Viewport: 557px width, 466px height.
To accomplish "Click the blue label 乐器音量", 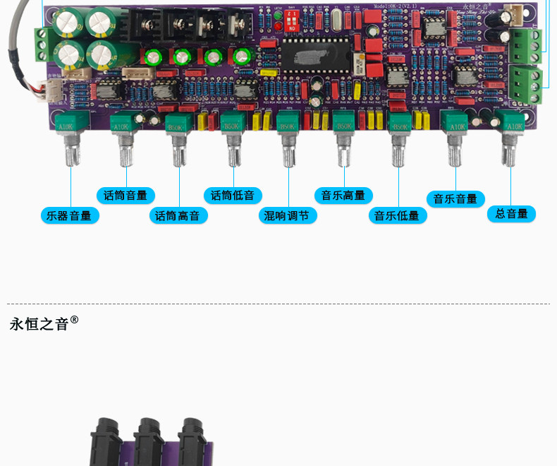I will pos(70,215).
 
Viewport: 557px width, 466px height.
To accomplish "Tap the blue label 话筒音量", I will pos(126,196).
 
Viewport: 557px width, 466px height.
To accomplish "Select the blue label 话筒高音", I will pos(178,215).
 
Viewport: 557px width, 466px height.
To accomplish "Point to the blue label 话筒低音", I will pos(233,196).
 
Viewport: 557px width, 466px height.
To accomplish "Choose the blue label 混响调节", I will pos(287,215).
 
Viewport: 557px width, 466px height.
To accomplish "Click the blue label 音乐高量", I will pos(343,196).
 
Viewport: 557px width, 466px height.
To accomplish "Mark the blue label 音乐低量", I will pos(397,215).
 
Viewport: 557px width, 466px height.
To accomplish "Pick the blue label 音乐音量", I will pos(455,198).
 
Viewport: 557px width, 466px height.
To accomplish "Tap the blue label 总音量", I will pos(511,213).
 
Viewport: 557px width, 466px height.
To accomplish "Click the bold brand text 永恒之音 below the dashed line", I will pos(39,324).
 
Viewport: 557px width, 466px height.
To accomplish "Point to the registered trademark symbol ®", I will pos(75,320).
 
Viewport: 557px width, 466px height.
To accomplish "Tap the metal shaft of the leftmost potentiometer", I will pos(71,150).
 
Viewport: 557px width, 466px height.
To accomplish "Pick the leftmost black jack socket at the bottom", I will pos(106,441).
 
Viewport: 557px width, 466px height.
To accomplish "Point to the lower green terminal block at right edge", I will pos(525,83).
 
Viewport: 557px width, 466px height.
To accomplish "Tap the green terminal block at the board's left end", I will pos(42,44).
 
